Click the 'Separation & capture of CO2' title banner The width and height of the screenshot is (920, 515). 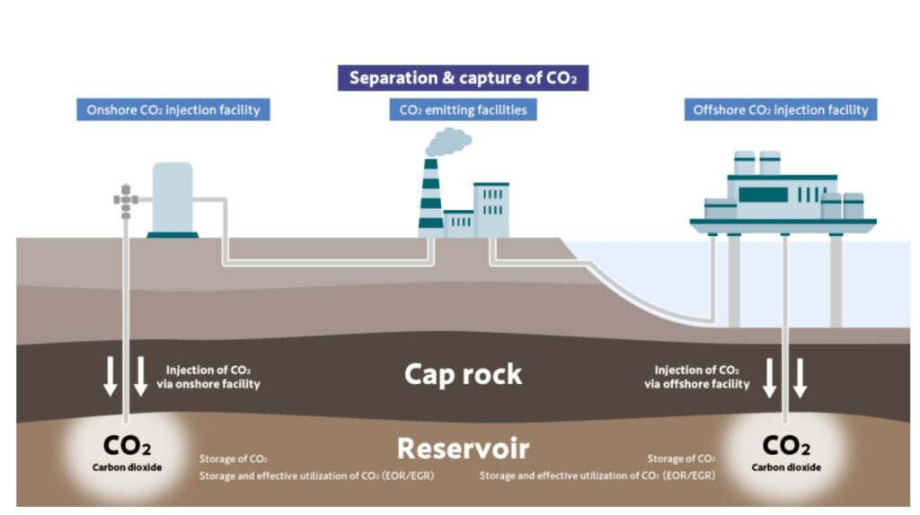click(463, 77)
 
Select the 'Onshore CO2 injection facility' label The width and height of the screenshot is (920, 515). click(172, 110)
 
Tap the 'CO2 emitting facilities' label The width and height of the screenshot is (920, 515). click(463, 110)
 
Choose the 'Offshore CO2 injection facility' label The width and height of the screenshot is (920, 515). click(781, 110)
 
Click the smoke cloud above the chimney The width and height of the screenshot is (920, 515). click(448, 142)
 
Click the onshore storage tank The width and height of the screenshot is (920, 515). click(172, 199)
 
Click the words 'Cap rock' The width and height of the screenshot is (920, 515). click(463, 373)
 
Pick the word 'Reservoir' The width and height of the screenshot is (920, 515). click(463, 448)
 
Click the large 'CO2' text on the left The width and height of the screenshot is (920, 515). click(127, 445)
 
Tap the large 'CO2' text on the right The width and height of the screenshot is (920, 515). click(786, 445)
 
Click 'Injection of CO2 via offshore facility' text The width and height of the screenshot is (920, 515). click(697, 376)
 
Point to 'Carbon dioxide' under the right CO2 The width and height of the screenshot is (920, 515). click(786, 467)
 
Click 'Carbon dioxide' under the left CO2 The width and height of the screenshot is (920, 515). click(127, 467)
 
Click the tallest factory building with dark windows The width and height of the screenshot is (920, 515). click(491, 210)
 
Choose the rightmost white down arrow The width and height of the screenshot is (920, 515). click(801, 377)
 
